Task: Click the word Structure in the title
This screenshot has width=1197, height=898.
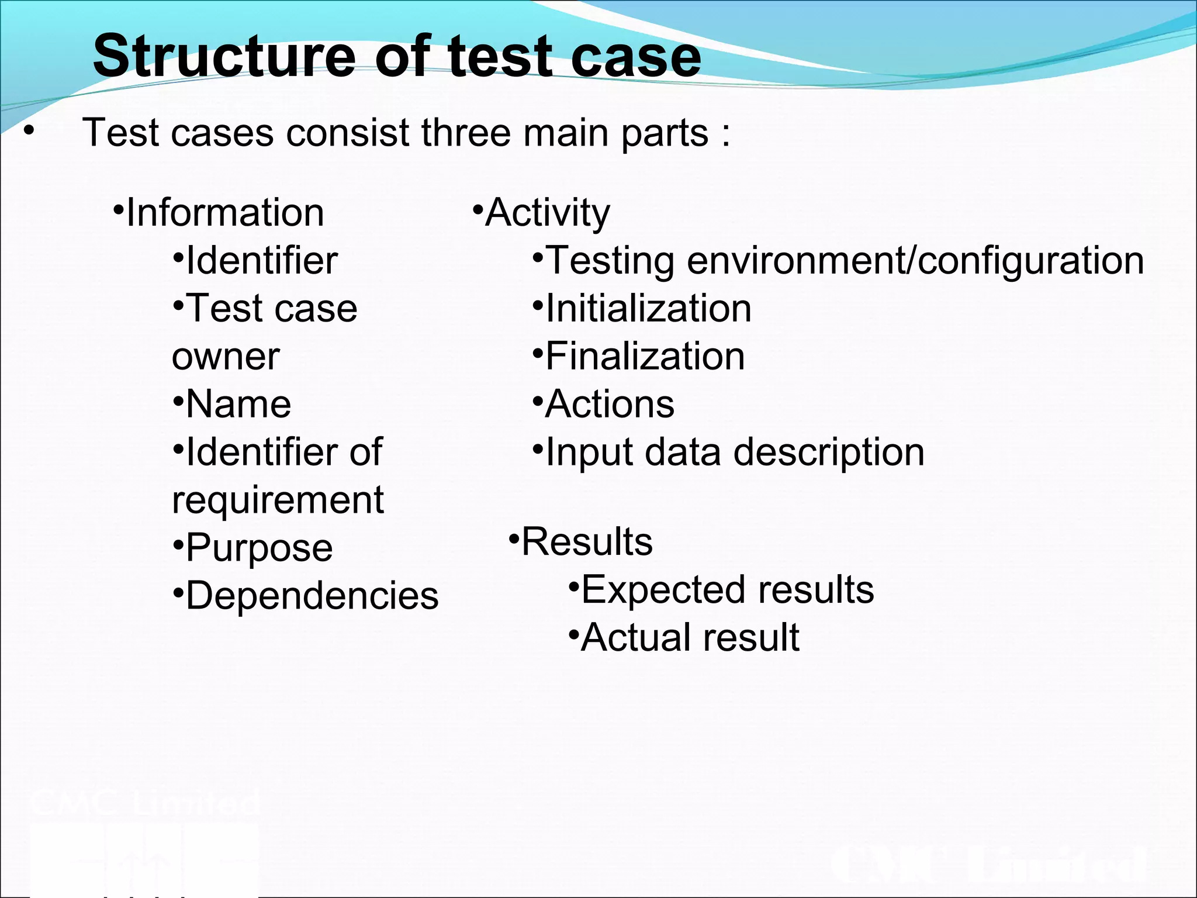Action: point(224,56)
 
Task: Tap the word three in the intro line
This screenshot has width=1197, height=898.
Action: point(465,133)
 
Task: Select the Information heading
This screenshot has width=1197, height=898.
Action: point(225,212)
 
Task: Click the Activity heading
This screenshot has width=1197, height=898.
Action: point(548,212)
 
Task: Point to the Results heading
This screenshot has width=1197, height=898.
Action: point(587,542)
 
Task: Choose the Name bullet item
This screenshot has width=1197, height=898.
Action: point(238,404)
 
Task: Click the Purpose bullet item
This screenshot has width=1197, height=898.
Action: point(260,548)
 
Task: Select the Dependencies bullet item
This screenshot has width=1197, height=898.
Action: point(312,596)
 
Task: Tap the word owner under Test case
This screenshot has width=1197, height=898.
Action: point(226,357)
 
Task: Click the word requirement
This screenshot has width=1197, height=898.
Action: point(278,500)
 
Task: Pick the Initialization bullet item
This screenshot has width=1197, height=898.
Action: point(648,309)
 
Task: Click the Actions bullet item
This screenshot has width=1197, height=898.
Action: point(610,404)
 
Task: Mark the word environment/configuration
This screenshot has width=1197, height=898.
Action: point(915,261)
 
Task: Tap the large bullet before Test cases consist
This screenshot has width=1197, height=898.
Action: point(28,133)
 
